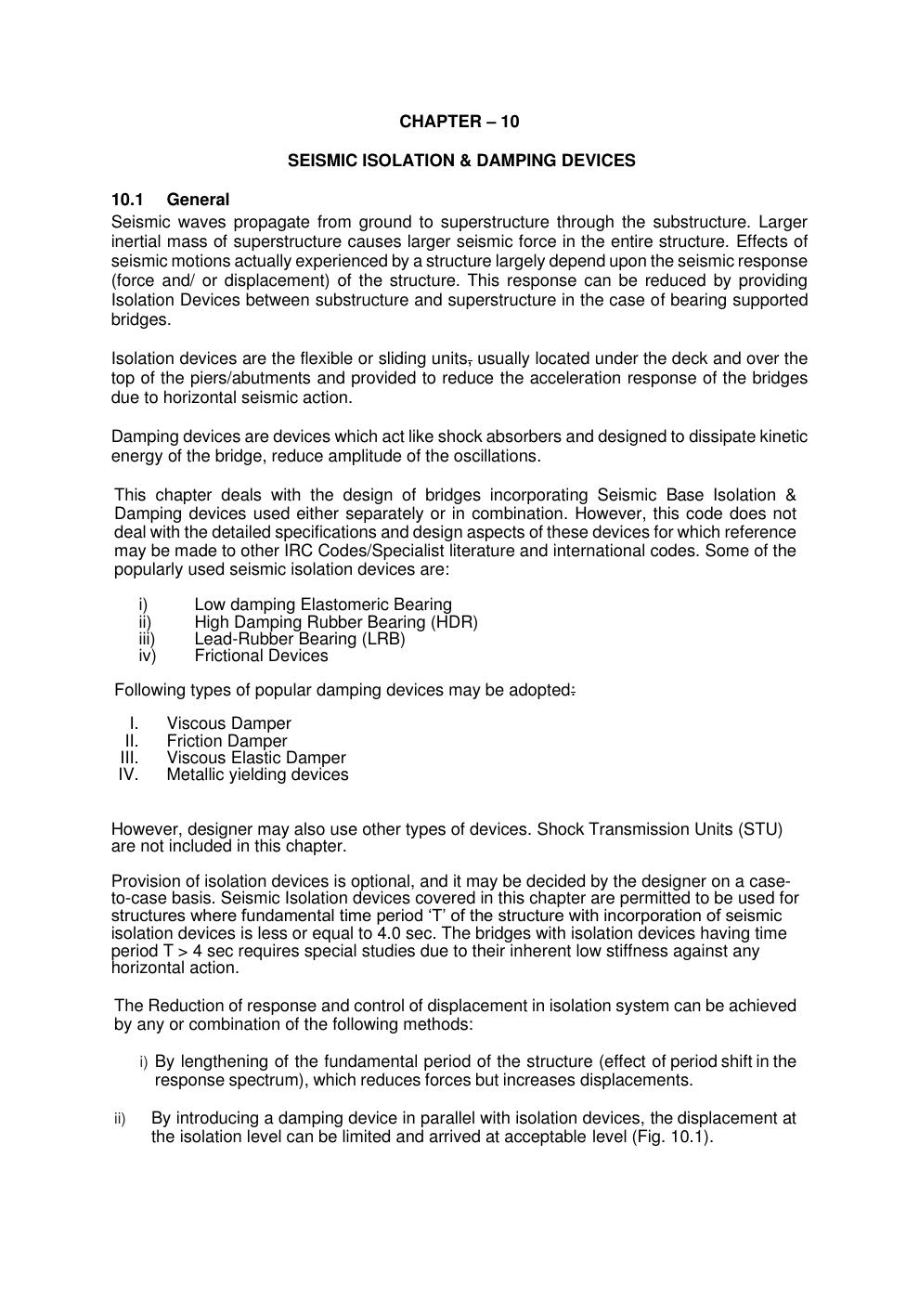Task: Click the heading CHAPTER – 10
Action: tap(459, 122)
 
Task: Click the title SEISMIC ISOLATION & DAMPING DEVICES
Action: tap(461, 161)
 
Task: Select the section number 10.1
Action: tap(126, 200)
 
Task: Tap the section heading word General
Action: tap(198, 200)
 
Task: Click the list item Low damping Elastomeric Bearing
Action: tap(323, 604)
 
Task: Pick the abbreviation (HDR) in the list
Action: tap(454, 622)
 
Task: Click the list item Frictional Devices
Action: tap(261, 656)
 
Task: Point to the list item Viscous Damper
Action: tap(228, 723)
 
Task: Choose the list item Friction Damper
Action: tap(227, 741)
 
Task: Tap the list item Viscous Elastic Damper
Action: tap(256, 758)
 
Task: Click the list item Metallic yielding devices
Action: tap(257, 774)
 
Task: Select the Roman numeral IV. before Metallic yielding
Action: tap(128, 774)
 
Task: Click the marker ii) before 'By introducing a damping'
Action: tap(120, 1119)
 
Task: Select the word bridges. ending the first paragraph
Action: tap(141, 319)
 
